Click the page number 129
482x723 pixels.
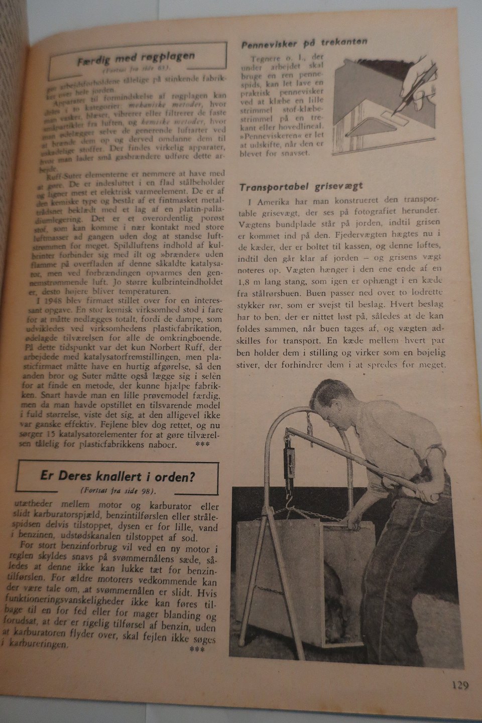tap(459, 684)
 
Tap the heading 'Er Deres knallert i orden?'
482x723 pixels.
tap(117, 475)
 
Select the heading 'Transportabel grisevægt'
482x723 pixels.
tap(301, 187)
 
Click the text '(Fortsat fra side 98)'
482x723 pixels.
tap(117, 491)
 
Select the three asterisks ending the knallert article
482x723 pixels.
tap(196, 650)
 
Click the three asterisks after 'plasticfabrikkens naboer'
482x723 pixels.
tap(202, 445)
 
